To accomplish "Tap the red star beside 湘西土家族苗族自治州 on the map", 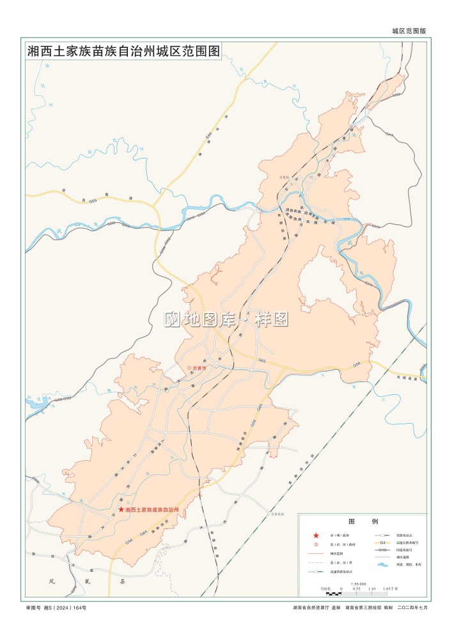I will click(121, 510).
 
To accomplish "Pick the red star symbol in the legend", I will click(316, 534).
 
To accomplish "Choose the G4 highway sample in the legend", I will click(383, 541).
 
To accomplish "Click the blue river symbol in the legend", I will click(383, 564).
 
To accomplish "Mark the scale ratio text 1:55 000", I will click(358, 583).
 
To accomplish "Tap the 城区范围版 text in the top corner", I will click(409, 31).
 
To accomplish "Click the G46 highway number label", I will click(357, 364).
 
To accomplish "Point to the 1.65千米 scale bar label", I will click(390, 589).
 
